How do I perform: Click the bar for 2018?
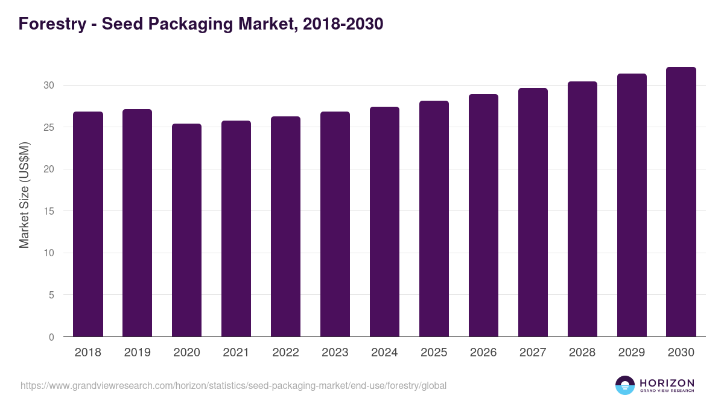tap(88, 224)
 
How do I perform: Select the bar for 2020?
tap(187, 230)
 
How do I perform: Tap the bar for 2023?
tap(335, 224)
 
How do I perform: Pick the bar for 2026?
tap(484, 215)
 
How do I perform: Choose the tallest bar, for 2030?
tap(681, 202)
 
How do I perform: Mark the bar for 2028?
tap(582, 209)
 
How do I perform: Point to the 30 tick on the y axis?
tap(49, 86)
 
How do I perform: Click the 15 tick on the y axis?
tap(49, 211)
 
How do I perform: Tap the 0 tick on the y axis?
tap(52, 337)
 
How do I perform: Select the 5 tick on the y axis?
tap(52, 295)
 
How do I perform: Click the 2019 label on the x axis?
tap(138, 353)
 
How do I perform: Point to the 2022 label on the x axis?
tap(286, 353)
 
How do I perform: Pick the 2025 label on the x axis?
tap(434, 353)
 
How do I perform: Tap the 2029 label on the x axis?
tap(632, 353)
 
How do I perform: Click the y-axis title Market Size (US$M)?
tap(24, 195)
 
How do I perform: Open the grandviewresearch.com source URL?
tap(233, 385)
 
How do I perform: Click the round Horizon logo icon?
tap(625, 385)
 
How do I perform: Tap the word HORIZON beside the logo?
tap(667, 383)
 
